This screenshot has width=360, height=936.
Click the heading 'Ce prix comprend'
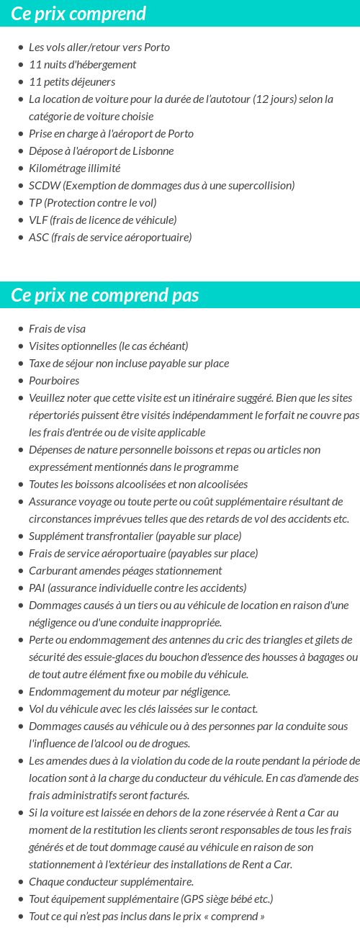pyautogui.click(x=78, y=14)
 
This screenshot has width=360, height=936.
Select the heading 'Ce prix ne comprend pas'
pyautogui.click(x=105, y=295)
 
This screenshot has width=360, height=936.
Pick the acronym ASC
pyautogui.click(x=38, y=237)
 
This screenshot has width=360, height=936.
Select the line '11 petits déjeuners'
pyautogui.click(x=72, y=81)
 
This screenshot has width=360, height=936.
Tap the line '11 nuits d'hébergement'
pyautogui.click(x=82, y=64)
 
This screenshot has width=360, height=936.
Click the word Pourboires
pyautogui.click(x=54, y=380)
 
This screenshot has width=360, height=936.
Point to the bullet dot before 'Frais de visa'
pyautogui.click(x=21, y=329)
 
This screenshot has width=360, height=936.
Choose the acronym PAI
pyautogui.click(x=37, y=588)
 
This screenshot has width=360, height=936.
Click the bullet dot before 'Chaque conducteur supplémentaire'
pyautogui.click(x=21, y=882)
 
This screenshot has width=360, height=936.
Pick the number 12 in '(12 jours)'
pyautogui.click(x=263, y=99)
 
